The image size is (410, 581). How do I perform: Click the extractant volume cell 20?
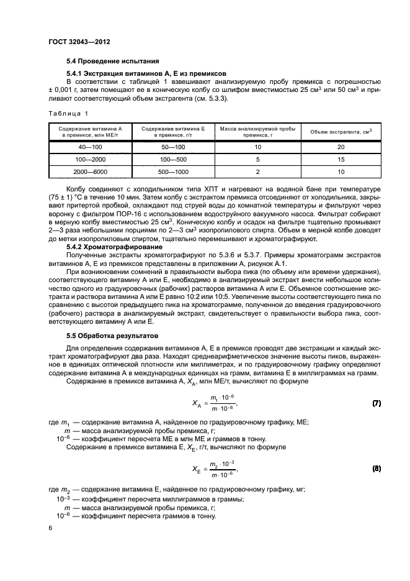point(341,147)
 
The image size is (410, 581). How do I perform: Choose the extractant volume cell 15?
point(341,158)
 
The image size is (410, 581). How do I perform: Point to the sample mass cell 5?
point(257,158)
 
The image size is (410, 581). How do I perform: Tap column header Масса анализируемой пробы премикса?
point(257,131)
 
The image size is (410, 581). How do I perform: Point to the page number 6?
point(50,527)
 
